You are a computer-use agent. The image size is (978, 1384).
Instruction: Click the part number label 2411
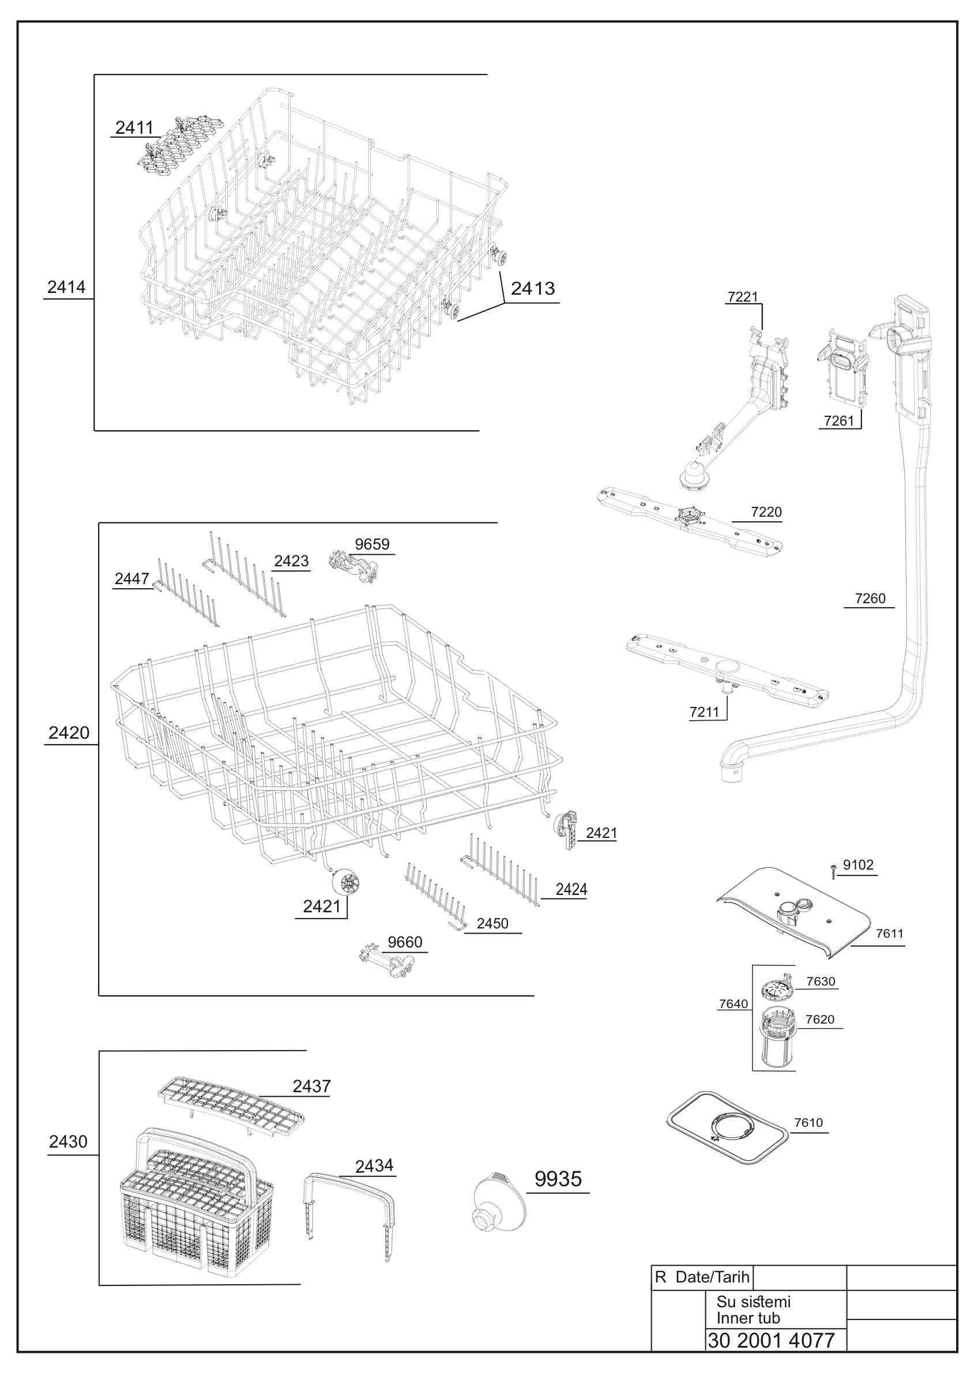[134, 128]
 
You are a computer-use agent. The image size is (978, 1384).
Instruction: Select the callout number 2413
[533, 289]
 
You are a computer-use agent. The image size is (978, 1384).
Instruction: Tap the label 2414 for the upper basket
[66, 287]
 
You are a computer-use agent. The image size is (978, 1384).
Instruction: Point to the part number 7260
[870, 599]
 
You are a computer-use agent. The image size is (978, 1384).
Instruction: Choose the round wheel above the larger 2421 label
[347, 886]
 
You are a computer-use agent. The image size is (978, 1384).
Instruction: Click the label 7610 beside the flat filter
[808, 1123]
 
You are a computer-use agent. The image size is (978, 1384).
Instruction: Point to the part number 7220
[766, 513]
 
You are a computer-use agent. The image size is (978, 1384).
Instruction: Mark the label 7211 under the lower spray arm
[705, 713]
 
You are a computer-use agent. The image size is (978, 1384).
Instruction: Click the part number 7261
[839, 421]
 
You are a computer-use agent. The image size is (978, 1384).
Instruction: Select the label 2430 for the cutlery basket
[68, 1142]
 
